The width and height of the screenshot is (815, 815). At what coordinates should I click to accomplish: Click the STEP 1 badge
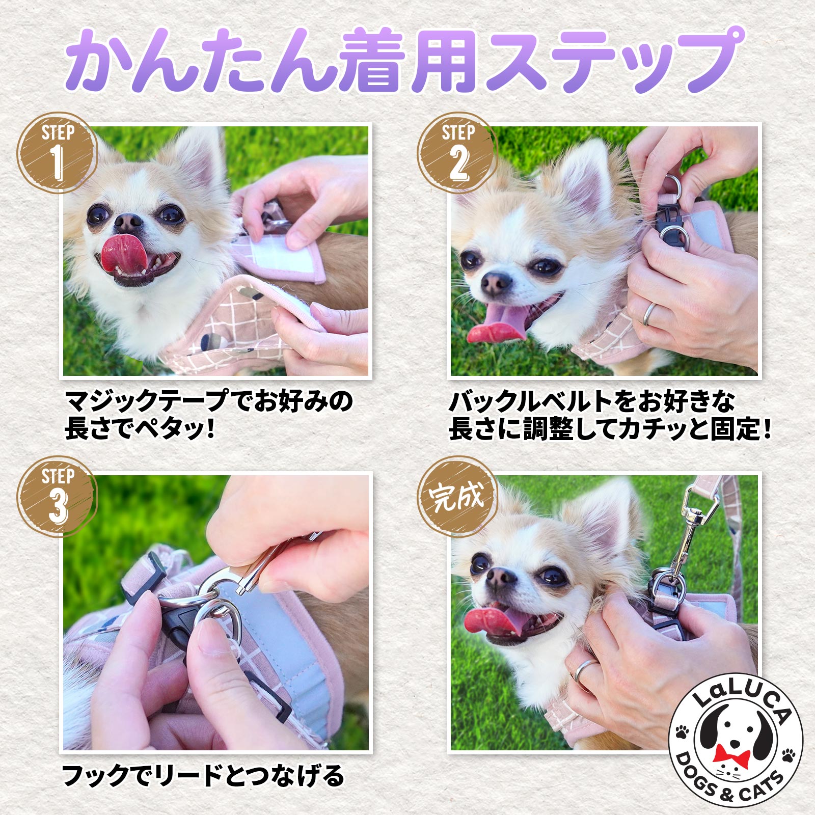point(57,152)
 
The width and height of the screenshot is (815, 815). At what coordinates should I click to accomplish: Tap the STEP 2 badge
point(457,152)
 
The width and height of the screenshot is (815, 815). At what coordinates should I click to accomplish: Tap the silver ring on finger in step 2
point(649,314)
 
